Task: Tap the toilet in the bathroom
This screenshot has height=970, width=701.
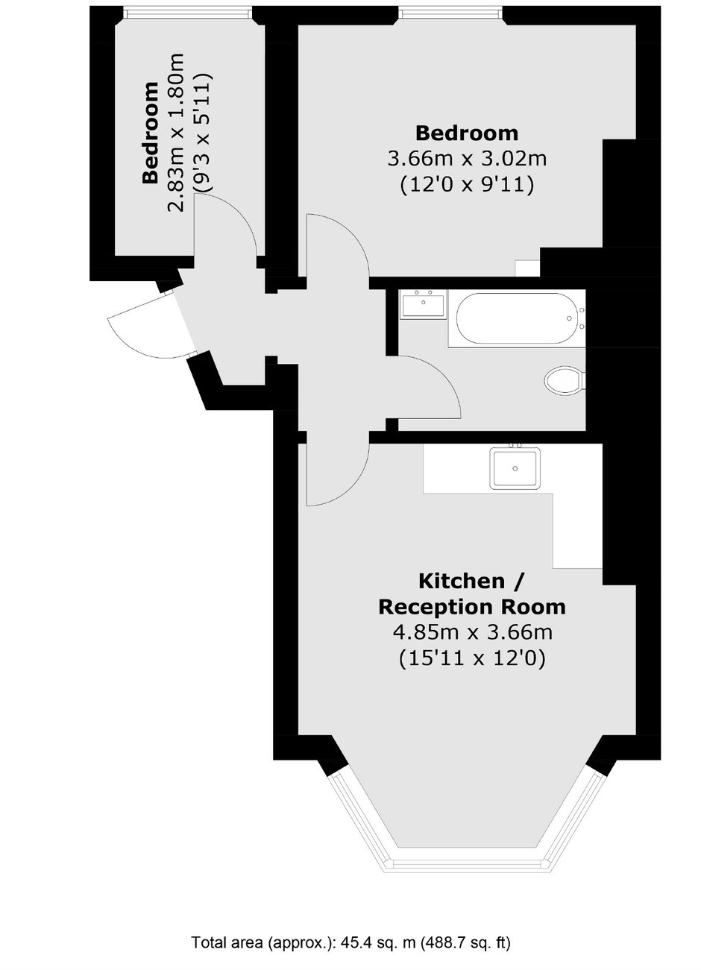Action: coord(564,381)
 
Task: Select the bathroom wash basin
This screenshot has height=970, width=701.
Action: coord(423,306)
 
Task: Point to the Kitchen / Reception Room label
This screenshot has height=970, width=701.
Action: coord(471,593)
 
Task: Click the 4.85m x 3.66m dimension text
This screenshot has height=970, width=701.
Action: coord(471,632)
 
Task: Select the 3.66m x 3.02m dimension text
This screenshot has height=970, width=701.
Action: coord(467,159)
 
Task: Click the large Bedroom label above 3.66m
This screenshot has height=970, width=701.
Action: coord(467,133)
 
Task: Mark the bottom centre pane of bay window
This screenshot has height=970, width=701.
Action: coord(468,864)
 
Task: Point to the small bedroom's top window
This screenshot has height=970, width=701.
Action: coord(187,11)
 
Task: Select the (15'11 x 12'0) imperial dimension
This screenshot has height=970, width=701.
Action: coord(471,658)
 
